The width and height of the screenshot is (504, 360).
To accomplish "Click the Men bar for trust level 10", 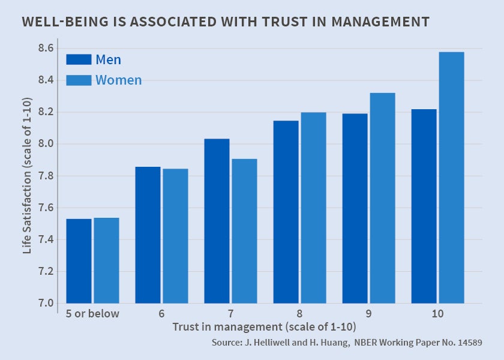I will [x=424, y=206].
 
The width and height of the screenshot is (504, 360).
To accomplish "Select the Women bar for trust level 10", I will [x=451, y=178].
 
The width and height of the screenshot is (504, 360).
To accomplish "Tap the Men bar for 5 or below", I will [x=79, y=260].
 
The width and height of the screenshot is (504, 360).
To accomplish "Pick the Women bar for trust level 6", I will [x=175, y=235].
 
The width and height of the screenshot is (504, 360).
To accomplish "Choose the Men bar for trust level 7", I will [x=217, y=220].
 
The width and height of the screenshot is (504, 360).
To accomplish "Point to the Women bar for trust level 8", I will [x=313, y=207].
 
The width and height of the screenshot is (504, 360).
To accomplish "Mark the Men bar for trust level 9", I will [x=355, y=208].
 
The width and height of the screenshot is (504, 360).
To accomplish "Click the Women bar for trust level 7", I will [x=244, y=230].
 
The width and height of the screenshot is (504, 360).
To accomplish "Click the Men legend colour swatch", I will [x=78, y=59].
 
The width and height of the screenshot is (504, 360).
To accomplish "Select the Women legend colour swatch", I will [x=78, y=80].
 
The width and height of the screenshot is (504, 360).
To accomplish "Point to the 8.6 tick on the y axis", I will [x=46, y=48].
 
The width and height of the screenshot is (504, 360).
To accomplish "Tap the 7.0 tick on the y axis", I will [x=46, y=303].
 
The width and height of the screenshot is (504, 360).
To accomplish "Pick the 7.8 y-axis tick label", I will [x=46, y=176].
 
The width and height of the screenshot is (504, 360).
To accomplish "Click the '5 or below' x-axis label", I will [x=92, y=313].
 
